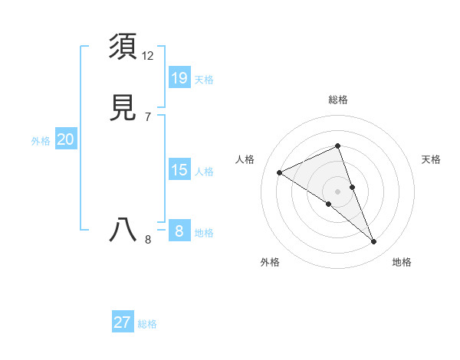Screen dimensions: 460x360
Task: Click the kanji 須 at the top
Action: click(x=123, y=47)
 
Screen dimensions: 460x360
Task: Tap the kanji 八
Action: click(x=123, y=229)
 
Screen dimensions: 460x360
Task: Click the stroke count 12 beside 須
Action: click(x=148, y=56)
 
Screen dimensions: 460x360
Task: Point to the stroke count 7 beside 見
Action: click(x=148, y=116)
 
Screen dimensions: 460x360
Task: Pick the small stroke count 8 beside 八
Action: click(x=148, y=240)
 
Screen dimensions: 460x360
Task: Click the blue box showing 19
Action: click(x=179, y=77)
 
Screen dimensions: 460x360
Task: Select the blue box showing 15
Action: click(x=179, y=170)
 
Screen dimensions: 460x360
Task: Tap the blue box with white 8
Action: click(x=179, y=231)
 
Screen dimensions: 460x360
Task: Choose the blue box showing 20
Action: click(x=66, y=139)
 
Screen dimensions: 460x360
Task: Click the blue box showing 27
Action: click(x=123, y=322)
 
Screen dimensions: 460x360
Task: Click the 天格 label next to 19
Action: click(x=204, y=79)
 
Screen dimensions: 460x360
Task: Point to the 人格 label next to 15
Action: click(x=204, y=172)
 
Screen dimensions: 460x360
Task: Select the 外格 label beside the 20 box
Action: click(x=41, y=141)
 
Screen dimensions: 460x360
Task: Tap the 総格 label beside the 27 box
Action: click(x=147, y=324)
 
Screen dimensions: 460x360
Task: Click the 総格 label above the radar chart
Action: click(x=338, y=100)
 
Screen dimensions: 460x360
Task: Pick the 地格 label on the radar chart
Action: click(x=402, y=262)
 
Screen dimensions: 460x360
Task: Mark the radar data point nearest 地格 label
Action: click(x=374, y=242)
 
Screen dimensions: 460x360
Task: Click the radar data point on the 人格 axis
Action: click(x=279, y=173)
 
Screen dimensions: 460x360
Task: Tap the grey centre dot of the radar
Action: click(x=338, y=191)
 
